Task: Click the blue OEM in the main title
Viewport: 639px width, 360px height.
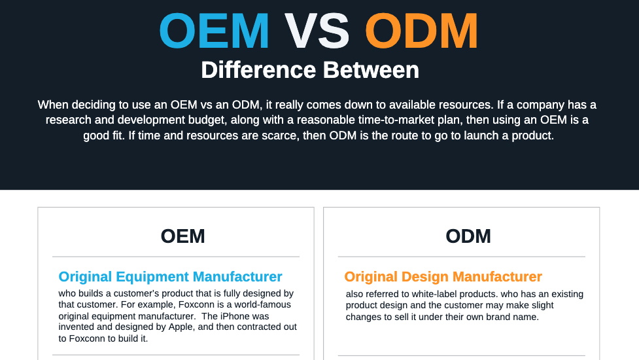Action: (214, 31)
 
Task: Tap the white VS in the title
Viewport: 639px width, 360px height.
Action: (317, 31)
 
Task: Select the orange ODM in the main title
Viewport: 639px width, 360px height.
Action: (421, 31)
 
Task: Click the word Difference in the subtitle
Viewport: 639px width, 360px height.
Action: (258, 70)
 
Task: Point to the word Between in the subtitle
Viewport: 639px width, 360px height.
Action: (371, 70)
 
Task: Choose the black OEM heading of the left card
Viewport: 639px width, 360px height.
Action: (182, 236)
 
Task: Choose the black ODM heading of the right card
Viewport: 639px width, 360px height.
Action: (468, 236)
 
